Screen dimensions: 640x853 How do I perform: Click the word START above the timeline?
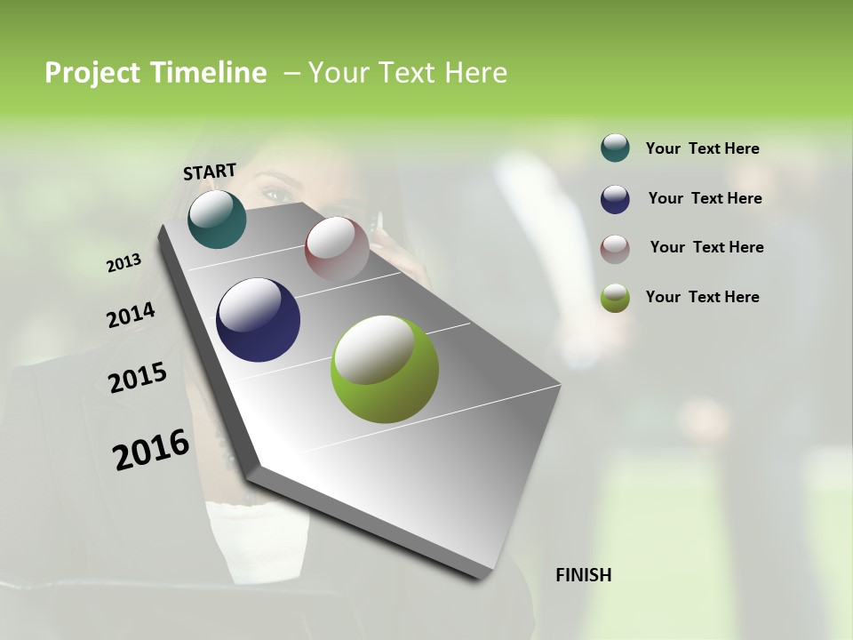pyautogui.click(x=210, y=172)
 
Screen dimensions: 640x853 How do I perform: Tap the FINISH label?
pyautogui.click(x=583, y=575)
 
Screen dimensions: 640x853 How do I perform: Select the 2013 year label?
pyautogui.click(x=124, y=263)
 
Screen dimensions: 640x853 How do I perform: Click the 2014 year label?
pyautogui.click(x=131, y=316)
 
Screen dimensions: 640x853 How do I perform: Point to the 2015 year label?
pyautogui.click(x=138, y=378)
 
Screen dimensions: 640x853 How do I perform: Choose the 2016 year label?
pyautogui.click(x=151, y=450)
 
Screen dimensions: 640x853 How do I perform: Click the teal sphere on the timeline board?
pyautogui.click(x=217, y=219)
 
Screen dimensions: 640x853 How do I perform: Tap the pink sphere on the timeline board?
pyautogui.click(x=337, y=248)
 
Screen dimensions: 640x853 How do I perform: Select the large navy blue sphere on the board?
pyautogui.click(x=258, y=320)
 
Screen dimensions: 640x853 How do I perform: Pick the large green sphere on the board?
pyautogui.click(x=385, y=369)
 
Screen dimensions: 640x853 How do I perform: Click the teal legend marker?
pyautogui.click(x=615, y=148)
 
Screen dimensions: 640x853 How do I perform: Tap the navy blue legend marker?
pyautogui.click(x=615, y=199)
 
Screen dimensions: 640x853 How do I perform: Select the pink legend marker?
pyautogui.click(x=615, y=248)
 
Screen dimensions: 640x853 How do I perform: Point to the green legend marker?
pyautogui.click(x=615, y=298)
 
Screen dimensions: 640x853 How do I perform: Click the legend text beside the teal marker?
pyautogui.click(x=702, y=149)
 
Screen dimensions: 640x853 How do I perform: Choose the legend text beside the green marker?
pyautogui.click(x=702, y=297)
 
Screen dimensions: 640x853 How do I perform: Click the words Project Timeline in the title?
pyautogui.click(x=155, y=73)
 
